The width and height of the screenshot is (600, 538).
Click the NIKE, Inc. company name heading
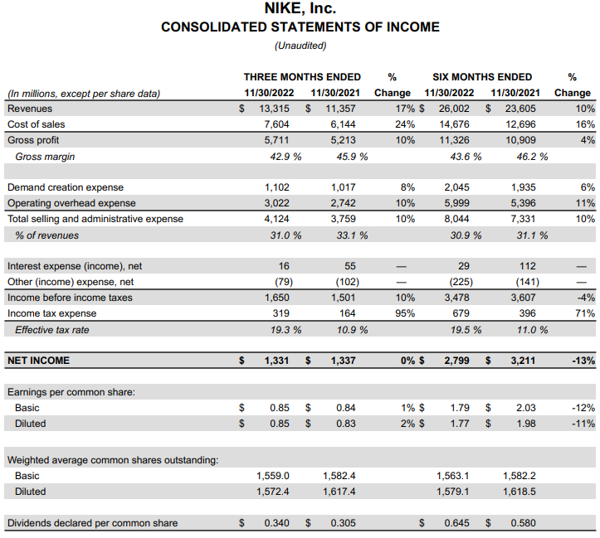coord(300,9)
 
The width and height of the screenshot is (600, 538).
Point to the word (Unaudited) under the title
coord(300,46)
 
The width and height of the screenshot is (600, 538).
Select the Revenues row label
coord(30,109)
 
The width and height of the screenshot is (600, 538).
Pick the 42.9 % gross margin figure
coord(283,156)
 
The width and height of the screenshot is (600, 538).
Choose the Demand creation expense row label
coord(66,187)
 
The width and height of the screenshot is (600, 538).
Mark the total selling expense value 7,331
coord(524,219)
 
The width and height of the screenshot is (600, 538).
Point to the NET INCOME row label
coord(38,361)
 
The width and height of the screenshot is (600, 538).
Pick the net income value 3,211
coord(522,361)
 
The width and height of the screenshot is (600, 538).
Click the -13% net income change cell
coord(583,361)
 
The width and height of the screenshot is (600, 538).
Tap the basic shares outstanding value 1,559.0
coord(272,476)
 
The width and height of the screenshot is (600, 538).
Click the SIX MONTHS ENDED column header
coord(482,77)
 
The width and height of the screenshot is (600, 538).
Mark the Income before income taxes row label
coord(70,298)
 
